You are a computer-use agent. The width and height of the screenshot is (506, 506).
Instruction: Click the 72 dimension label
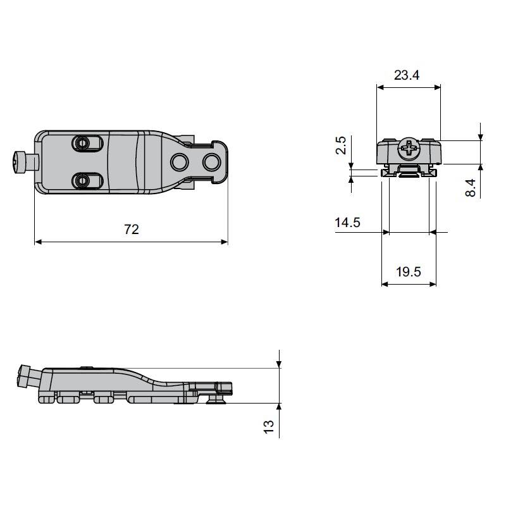coord(132,230)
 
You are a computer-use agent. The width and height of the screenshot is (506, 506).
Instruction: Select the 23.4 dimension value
coord(407,75)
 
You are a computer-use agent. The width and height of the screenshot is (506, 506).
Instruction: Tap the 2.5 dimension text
coord(341,145)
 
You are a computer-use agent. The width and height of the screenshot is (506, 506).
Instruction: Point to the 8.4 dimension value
coord(471,188)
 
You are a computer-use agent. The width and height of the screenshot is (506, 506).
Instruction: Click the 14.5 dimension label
coord(347,223)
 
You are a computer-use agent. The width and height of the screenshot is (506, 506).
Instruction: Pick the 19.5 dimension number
coord(409,272)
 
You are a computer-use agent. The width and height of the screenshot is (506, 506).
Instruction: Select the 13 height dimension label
coord(268,427)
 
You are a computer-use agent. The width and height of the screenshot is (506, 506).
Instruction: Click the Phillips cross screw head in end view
coord(409,149)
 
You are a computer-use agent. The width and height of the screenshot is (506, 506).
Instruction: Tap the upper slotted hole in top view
coord(87,143)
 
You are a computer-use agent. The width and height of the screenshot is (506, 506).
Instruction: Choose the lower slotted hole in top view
coord(87,181)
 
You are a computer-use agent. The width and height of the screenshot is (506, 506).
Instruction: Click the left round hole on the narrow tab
coord(180,162)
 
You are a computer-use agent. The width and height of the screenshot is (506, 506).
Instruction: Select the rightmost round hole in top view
coord(211,162)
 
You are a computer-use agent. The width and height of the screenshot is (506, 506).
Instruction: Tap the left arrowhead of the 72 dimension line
coord(39,242)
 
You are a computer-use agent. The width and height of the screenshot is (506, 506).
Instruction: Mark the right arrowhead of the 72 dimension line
coord(224,242)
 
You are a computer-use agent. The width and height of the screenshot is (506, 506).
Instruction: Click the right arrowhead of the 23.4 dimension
coord(437,87)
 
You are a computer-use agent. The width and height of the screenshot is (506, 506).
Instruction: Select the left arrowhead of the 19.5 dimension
coord(385,284)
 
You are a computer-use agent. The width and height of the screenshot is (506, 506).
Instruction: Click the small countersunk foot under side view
coord(216,400)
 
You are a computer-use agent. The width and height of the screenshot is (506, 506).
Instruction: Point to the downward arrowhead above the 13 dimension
coord(279,364)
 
